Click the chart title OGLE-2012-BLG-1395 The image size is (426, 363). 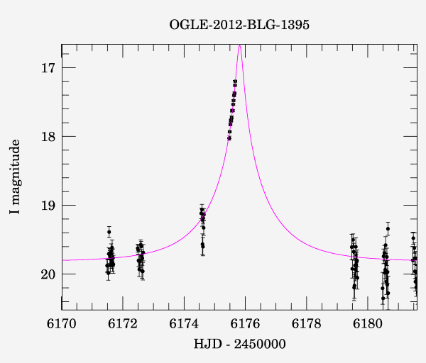239,25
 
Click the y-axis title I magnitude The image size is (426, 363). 15,177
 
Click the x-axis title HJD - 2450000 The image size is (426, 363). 239,344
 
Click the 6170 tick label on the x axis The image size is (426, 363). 62,324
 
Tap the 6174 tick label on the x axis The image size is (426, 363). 185,324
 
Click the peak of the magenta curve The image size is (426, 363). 240,45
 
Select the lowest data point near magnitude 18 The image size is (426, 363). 229,138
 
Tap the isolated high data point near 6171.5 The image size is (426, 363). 109,232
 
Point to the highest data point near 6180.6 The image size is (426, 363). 388,228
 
